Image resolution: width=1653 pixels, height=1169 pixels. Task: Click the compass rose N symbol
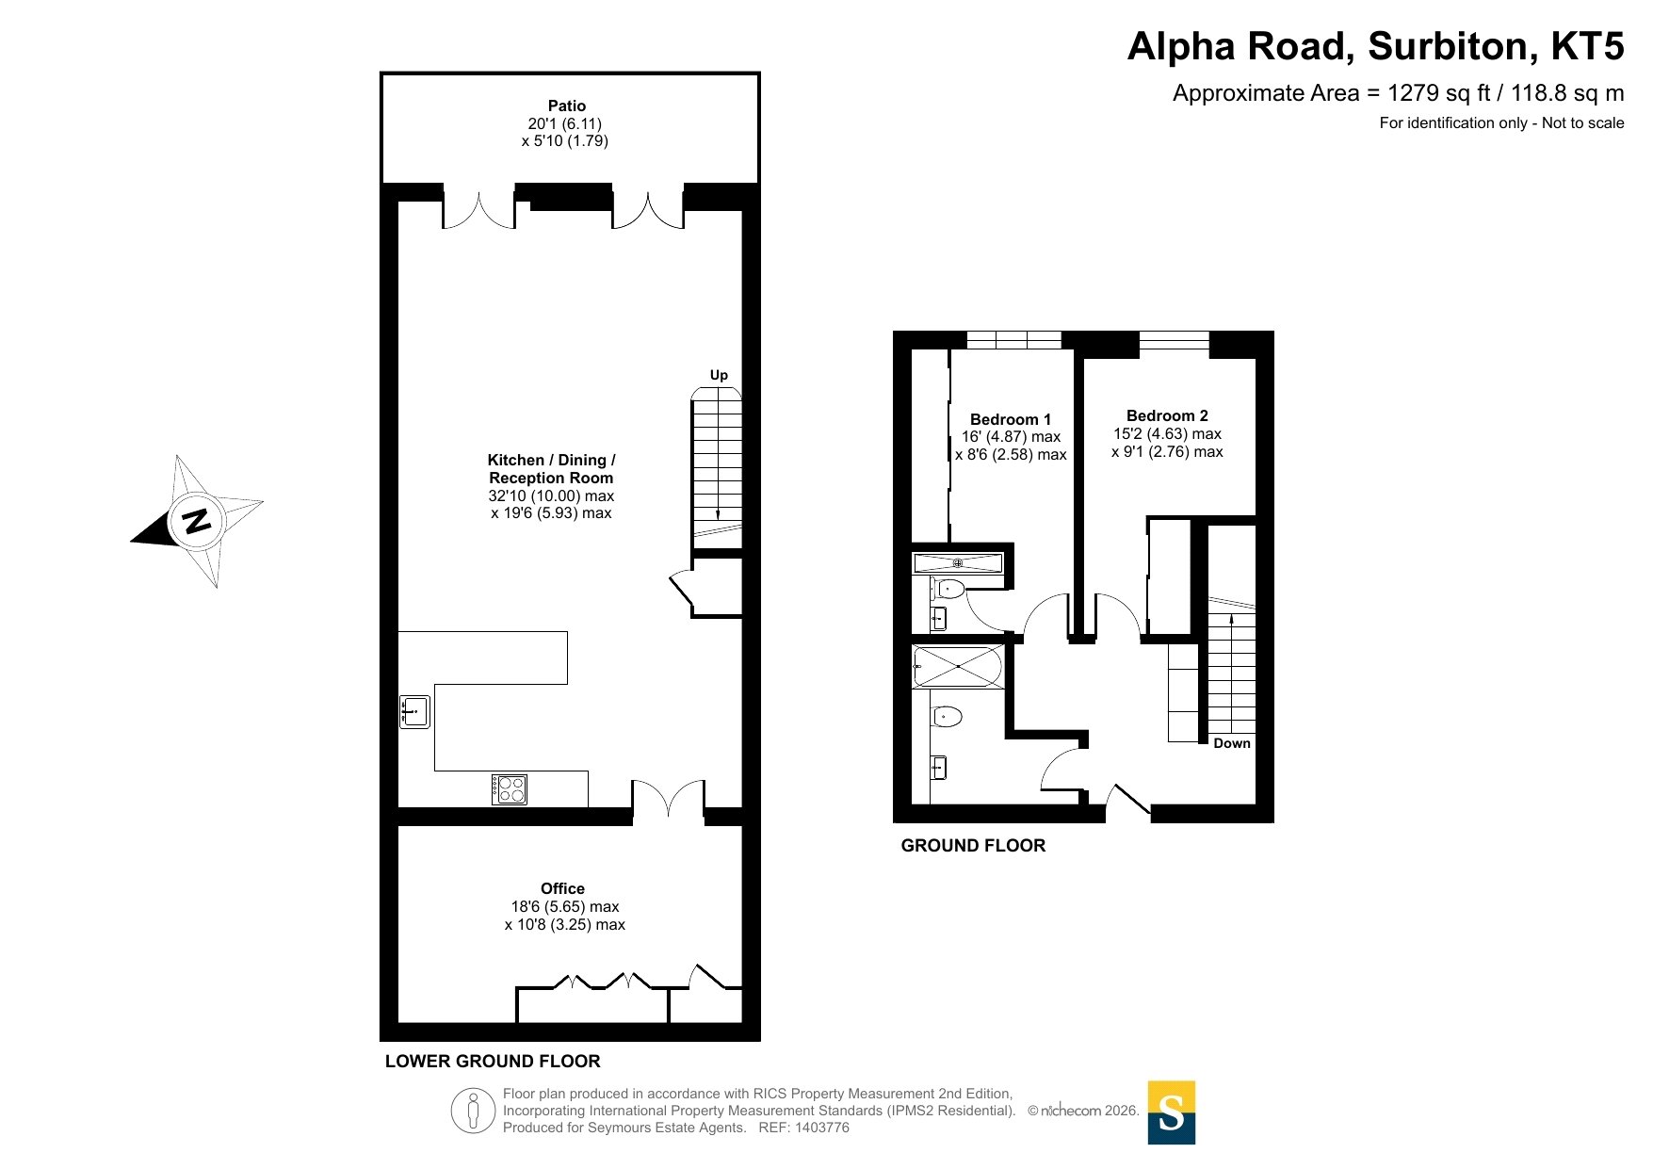coord(197,521)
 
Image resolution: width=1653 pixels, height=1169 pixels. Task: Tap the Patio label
coord(567,106)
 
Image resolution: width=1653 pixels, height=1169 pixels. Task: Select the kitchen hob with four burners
coord(510,789)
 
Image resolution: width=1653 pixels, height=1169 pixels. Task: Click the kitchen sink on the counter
coord(414,712)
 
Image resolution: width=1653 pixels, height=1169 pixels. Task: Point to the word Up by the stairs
coord(719,375)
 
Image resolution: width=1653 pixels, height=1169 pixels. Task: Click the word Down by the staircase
coord(1232,743)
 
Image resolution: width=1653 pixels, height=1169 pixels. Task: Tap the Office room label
coord(562,888)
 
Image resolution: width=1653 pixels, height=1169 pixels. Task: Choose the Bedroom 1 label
coord(1011,419)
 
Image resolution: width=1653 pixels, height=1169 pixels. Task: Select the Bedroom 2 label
coord(1167,415)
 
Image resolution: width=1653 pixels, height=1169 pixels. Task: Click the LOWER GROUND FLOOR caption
coord(493,1062)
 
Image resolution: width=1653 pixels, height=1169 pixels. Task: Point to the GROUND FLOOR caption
coord(973,846)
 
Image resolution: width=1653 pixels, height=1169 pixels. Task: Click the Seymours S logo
coord(1172,1112)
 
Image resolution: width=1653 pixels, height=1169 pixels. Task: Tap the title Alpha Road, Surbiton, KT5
coord(1375,46)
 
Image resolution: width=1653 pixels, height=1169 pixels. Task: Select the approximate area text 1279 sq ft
coord(1439,93)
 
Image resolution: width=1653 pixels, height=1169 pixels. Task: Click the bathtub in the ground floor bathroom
coord(958,666)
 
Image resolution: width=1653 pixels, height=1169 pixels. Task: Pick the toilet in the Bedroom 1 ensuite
coord(948,591)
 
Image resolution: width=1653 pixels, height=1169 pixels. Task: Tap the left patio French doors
coord(478,211)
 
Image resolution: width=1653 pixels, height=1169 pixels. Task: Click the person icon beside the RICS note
coord(473,1111)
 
